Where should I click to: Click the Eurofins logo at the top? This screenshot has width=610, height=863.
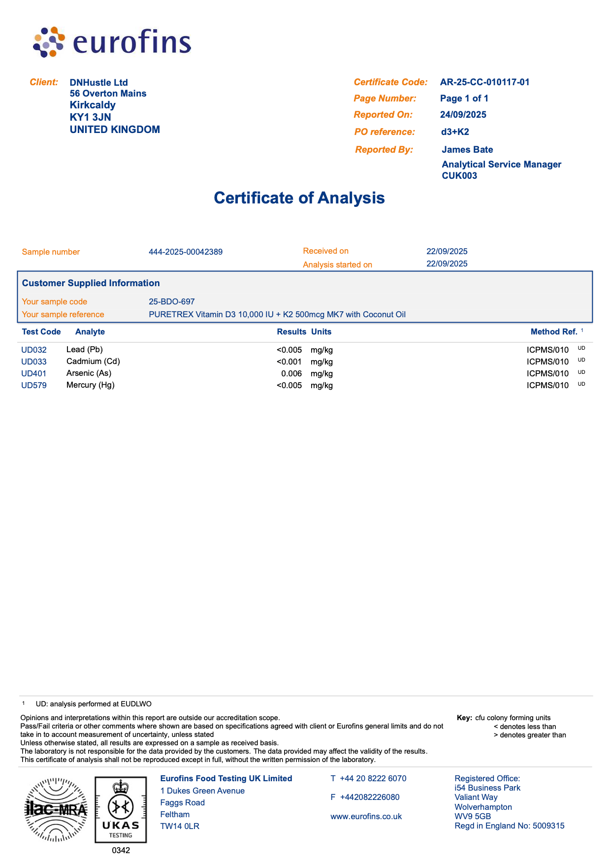[112, 42]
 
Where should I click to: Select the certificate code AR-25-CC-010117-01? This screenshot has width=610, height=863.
[484, 82]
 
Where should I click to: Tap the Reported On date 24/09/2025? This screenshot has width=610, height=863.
[463, 115]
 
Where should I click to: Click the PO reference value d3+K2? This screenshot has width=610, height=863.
[455, 132]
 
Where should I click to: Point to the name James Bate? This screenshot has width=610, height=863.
[467, 150]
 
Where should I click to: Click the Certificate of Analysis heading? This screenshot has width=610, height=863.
[299, 198]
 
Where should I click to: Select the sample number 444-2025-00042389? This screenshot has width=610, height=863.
[186, 252]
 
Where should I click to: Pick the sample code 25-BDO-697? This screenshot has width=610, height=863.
[171, 302]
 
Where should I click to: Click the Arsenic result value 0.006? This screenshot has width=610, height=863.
[291, 374]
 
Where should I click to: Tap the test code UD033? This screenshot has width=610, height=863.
[34, 362]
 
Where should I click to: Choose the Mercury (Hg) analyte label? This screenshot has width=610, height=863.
[90, 385]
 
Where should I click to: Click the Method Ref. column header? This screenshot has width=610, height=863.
[553, 332]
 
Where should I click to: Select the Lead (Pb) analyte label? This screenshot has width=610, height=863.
[84, 350]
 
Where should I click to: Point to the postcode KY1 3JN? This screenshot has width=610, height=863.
[90, 117]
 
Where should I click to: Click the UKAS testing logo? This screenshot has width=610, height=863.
[121, 810]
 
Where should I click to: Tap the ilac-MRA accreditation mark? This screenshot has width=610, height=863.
[56, 810]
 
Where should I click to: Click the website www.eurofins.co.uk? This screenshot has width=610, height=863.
[366, 817]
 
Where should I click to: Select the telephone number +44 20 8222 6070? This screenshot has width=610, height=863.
[373, 779]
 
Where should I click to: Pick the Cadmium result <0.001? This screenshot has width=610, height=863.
[289, 362]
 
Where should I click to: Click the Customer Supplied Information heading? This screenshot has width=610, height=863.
[91, 283]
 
